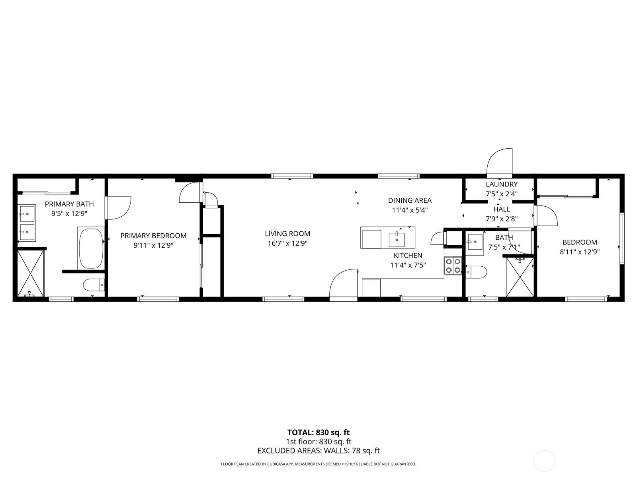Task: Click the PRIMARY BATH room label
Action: coord(69,204)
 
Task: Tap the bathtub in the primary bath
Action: coord(91,248)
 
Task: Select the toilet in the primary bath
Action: coord(94,285)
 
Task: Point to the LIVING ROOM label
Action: coord(287,233)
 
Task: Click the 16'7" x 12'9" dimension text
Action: coord(287,243)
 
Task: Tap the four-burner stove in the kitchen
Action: coord(453,266)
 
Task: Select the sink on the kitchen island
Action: coord(397,239)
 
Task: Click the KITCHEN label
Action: coord(408,255)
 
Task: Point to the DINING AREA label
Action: coord(410,200)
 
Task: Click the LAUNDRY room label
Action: coord(502,184)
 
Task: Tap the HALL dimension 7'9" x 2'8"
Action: coord(502,219)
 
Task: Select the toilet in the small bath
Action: coord(476,272)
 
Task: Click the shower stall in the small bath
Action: coord(520,277)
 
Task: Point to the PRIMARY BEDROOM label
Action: coord(153,235)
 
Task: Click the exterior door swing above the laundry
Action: coord(499,163)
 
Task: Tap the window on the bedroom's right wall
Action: coord(622,238)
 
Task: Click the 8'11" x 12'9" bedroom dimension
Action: coord(580,252)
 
